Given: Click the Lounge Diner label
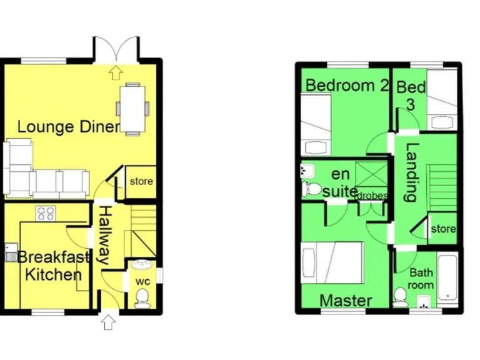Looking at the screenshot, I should coord(68,127).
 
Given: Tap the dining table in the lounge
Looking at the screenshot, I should coord(134,109).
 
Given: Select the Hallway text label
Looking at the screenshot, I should coord(104,235).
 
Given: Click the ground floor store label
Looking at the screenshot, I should coord(141,182).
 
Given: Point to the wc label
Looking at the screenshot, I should coord(142,281).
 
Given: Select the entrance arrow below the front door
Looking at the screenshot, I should coord(108,322).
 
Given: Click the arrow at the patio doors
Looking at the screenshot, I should coord(114,72).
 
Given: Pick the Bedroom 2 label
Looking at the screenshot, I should coord(343,85).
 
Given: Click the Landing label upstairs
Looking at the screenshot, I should coord(411,172).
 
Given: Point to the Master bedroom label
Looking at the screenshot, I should coord(346,301).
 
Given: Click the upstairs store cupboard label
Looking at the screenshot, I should coord(443,229).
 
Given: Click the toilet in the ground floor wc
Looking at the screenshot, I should coord(142,296).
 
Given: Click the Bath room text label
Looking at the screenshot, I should coord(421,279).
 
